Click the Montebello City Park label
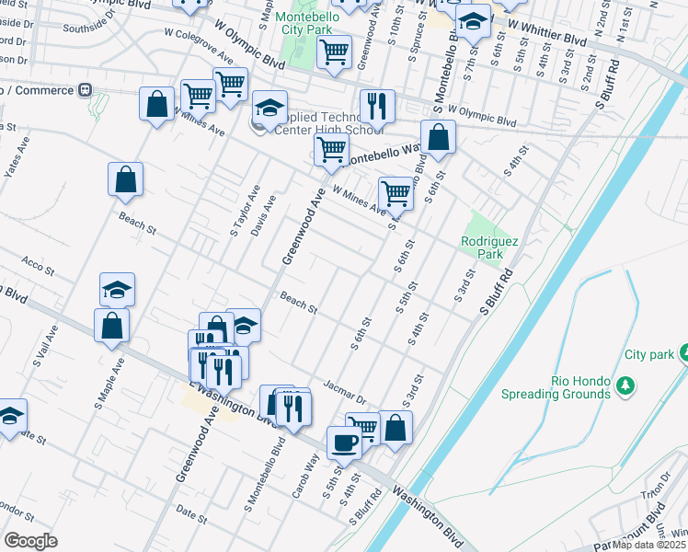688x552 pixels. coord(307,24)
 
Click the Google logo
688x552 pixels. coord(30,541)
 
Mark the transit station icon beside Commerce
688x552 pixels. coord(84,90)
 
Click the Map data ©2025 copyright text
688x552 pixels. coord(649,545)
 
